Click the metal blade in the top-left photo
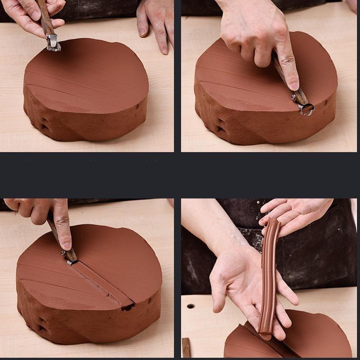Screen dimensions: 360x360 coord(53,43)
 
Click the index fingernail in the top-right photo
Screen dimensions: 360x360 coord(294,85)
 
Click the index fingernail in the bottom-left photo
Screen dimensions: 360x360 coord(67,245)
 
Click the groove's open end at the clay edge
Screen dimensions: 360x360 coord(128,307)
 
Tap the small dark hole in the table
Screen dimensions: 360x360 coord(190,306)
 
